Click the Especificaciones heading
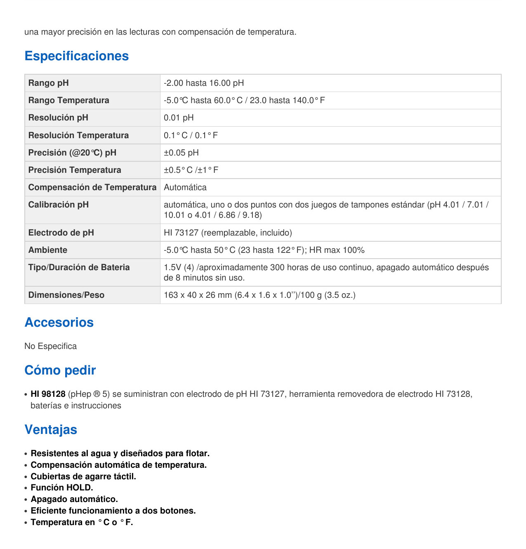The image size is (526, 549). point(76,56)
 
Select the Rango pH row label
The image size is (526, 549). point(48,83)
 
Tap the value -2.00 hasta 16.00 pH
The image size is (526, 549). point(204,83)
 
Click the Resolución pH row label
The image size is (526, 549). point(58,118)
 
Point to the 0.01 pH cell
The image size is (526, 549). point(179,118)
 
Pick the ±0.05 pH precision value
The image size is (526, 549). point(181,153)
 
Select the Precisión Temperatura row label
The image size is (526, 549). point(75,170)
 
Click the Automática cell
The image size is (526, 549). point(185,187)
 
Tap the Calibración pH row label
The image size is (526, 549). point(58,205)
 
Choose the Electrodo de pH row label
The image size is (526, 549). point(61,233)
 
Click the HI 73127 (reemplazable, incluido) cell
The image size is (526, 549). point(228,233)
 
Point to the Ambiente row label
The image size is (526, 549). point(47,250)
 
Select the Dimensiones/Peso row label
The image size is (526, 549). point(66,295)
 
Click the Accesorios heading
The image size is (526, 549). point(59,322)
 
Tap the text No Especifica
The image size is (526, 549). point(50,346)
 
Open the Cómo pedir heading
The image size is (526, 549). point(60,370)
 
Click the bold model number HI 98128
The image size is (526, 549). point(48,394)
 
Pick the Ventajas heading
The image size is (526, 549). point(51,429)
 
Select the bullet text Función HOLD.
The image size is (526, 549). point(62,488)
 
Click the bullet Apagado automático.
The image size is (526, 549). point(74,499)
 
